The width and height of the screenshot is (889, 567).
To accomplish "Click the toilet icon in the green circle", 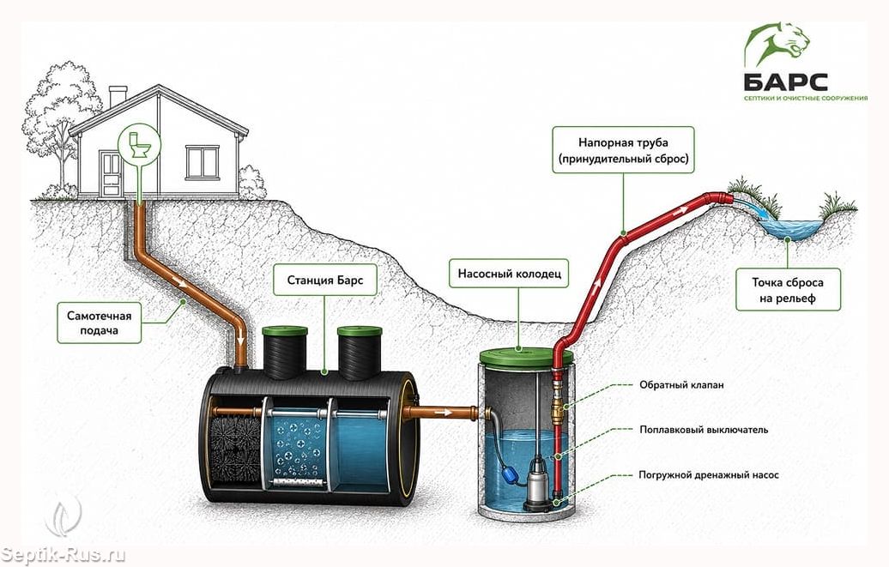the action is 139,146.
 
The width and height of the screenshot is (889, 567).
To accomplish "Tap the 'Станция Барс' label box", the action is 325,280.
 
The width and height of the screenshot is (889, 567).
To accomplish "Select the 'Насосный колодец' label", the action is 509,274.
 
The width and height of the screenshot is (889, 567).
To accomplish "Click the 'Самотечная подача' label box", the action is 100,323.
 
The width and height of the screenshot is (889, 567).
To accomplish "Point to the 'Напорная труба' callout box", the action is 623,150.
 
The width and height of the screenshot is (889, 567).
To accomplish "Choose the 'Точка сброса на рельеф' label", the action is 788,290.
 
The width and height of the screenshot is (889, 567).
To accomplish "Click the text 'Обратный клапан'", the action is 681,385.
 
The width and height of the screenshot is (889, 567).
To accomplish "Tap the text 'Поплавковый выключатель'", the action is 704,430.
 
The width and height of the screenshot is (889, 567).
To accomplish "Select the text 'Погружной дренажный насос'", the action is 708,474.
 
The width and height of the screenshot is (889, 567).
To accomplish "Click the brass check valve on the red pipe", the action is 559,405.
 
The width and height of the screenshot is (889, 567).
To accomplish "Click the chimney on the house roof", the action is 118,95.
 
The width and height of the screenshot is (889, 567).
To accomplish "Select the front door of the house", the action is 112,173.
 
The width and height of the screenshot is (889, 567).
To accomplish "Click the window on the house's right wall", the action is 203,161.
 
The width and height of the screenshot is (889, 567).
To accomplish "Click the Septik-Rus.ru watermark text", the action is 63,554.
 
